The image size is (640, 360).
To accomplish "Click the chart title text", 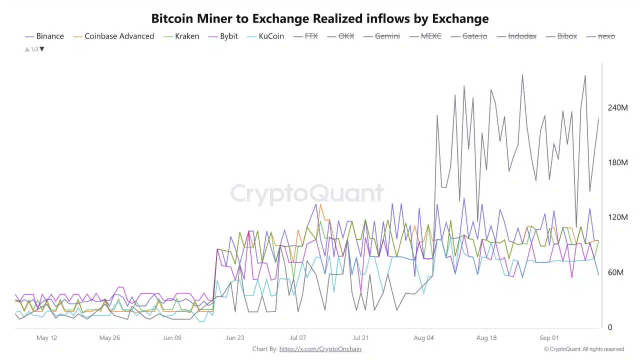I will point(320,19).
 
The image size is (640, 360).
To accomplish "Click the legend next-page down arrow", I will point(42,49).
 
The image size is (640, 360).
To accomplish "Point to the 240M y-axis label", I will point(617,108).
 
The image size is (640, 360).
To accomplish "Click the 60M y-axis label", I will point(615,272).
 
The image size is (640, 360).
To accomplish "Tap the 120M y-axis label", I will point(617,217).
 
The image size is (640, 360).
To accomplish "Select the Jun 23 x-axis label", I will point(235,338).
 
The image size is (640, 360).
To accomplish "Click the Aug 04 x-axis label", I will point(423,338).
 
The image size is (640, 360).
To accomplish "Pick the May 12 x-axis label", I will point(46,338).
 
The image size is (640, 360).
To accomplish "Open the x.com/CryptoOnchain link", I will point(320,349).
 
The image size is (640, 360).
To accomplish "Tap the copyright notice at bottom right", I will point(584,349).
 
